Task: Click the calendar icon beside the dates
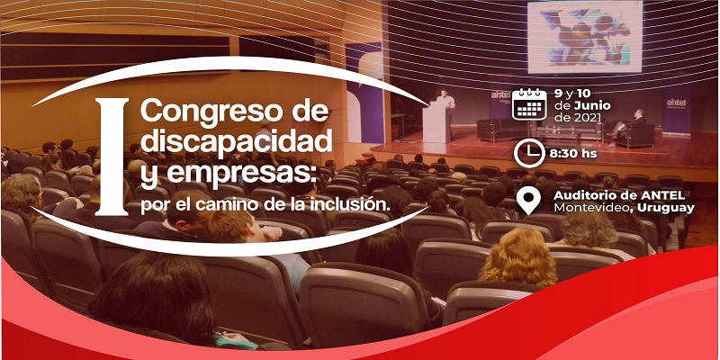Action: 529,104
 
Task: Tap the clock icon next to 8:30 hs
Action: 529,153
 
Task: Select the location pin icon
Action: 528,201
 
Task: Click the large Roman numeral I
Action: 112,157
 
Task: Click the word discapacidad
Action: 236,141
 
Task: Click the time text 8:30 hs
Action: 573,153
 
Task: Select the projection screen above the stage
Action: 584,37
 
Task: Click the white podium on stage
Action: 436,121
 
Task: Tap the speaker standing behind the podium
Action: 444,99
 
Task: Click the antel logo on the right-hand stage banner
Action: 676,103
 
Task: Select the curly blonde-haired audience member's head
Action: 517,256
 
